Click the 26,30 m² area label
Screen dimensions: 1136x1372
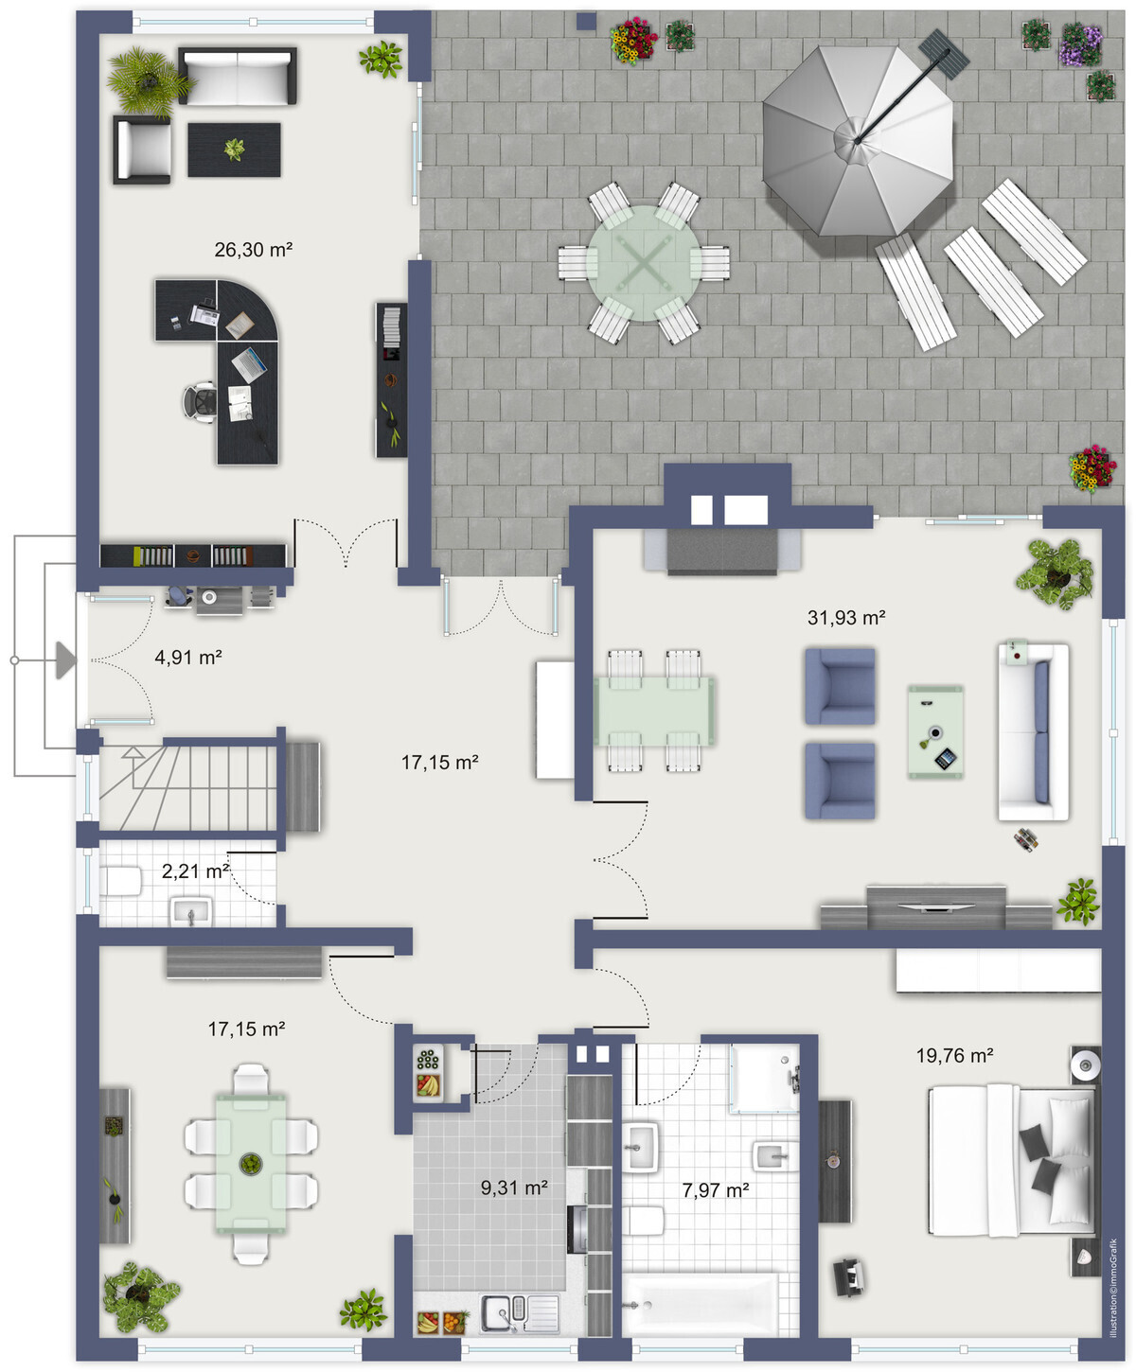pos(253,250)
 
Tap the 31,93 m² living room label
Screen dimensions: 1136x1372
pos(846,618)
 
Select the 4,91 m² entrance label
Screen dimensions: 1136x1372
pos(188,657)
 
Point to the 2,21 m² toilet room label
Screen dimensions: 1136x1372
pos(195,871)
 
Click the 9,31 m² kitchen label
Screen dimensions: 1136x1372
pos(514,1187)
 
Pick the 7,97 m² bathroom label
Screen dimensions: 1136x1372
pos(716,1190)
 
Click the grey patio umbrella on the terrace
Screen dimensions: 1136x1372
pos(858,141)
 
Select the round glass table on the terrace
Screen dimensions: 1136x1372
pos(645,263)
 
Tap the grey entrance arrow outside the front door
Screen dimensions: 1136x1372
pos(65,660)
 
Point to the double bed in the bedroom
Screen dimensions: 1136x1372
pos(1012,1160)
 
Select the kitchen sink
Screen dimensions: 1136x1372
pos(520,1313)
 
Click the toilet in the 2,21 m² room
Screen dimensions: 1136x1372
pos(120,881)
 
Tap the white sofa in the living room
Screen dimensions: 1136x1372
pos(1033,732)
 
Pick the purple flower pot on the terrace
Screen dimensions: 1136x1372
pos(1080,44)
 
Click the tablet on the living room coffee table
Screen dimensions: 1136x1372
pos(946,759)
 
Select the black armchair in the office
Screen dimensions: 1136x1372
pos(143,150)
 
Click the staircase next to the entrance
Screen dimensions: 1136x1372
pos(188,787)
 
